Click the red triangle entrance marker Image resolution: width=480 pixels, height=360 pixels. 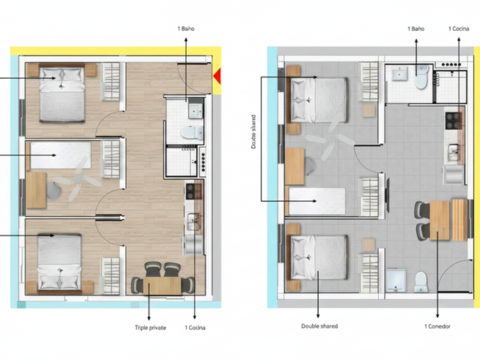click(x=217, y=76)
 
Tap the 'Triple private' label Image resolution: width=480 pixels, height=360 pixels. click(x=150, y=328)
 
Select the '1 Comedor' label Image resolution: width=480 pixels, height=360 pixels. click(x=437, y=326)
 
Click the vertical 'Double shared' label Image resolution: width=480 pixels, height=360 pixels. click(x=253, y=132)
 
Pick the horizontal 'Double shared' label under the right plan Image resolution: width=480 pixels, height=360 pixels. click(x=319, y=326)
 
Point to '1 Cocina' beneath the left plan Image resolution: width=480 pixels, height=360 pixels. click(x=195, y=328)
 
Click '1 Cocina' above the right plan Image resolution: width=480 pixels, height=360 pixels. click(x=458, y=28)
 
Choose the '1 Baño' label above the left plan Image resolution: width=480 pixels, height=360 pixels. click(x=186, y=28)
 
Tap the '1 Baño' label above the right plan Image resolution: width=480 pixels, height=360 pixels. click(x=415, y=28)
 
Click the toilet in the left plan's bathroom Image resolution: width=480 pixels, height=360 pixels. click(x=192, y=133)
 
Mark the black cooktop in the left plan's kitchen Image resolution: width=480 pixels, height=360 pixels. click(x=190, y=191)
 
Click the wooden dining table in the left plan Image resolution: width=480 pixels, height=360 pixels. click(x=162, y=286)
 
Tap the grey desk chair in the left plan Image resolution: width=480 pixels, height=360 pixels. click(x=54, y=191)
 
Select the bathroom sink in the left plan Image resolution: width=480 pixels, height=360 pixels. click(x=196, y=111)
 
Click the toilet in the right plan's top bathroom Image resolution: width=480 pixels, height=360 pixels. click(x=421, y=76)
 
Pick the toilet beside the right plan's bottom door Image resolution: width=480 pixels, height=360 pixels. click(x=421, y=282)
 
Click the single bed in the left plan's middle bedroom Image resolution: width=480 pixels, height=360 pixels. click(x=61, y=155)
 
